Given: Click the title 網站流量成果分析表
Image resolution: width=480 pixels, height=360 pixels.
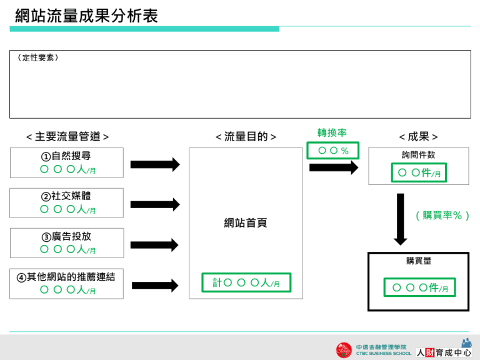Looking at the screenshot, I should [86, 16].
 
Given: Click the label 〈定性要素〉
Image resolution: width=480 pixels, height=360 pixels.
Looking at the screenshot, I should [37, 58].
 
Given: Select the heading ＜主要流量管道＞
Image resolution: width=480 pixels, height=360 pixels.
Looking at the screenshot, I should [67, 137].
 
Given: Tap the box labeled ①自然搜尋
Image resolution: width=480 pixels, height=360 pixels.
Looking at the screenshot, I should [67, 162].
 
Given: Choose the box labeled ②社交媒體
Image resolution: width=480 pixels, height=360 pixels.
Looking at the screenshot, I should [67, 202].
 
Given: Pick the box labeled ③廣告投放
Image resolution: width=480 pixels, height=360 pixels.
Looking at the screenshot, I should [67, 242].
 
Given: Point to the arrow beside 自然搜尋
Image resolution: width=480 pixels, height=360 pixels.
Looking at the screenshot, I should [154, 164].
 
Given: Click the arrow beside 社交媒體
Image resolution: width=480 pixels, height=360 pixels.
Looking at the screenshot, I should [154, 204].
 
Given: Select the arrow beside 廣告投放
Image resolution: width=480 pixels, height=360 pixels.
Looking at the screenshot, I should [154, 245].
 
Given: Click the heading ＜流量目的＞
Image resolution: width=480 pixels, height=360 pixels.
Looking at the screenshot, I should [246, 137].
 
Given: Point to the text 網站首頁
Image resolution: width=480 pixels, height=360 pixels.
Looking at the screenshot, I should [246, 223].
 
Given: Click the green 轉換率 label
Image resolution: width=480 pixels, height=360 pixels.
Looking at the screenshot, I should [332, 132].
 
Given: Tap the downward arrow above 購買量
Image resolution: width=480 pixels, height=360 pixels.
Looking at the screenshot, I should [401, 219].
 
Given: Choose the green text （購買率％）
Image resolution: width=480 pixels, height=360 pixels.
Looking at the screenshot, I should [442, 216].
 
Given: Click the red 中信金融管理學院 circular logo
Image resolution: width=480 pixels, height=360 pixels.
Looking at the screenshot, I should [344, 350].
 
